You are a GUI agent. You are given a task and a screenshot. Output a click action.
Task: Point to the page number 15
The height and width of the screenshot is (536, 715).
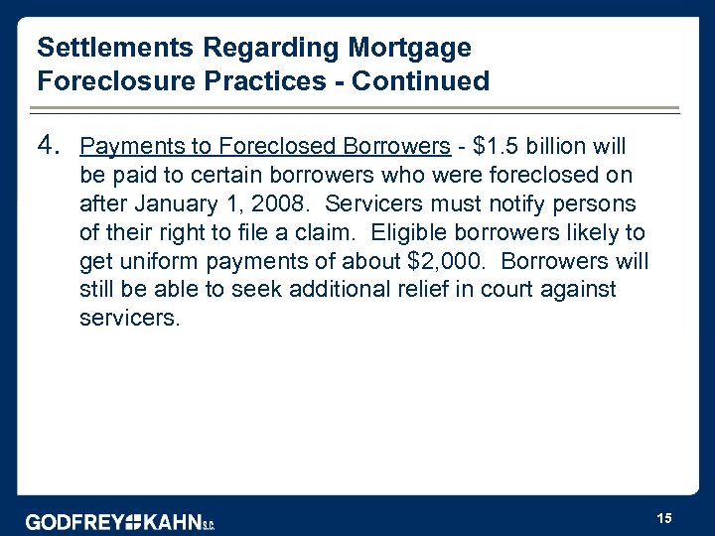664,517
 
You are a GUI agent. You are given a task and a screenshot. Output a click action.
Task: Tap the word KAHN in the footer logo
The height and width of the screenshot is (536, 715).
173,522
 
